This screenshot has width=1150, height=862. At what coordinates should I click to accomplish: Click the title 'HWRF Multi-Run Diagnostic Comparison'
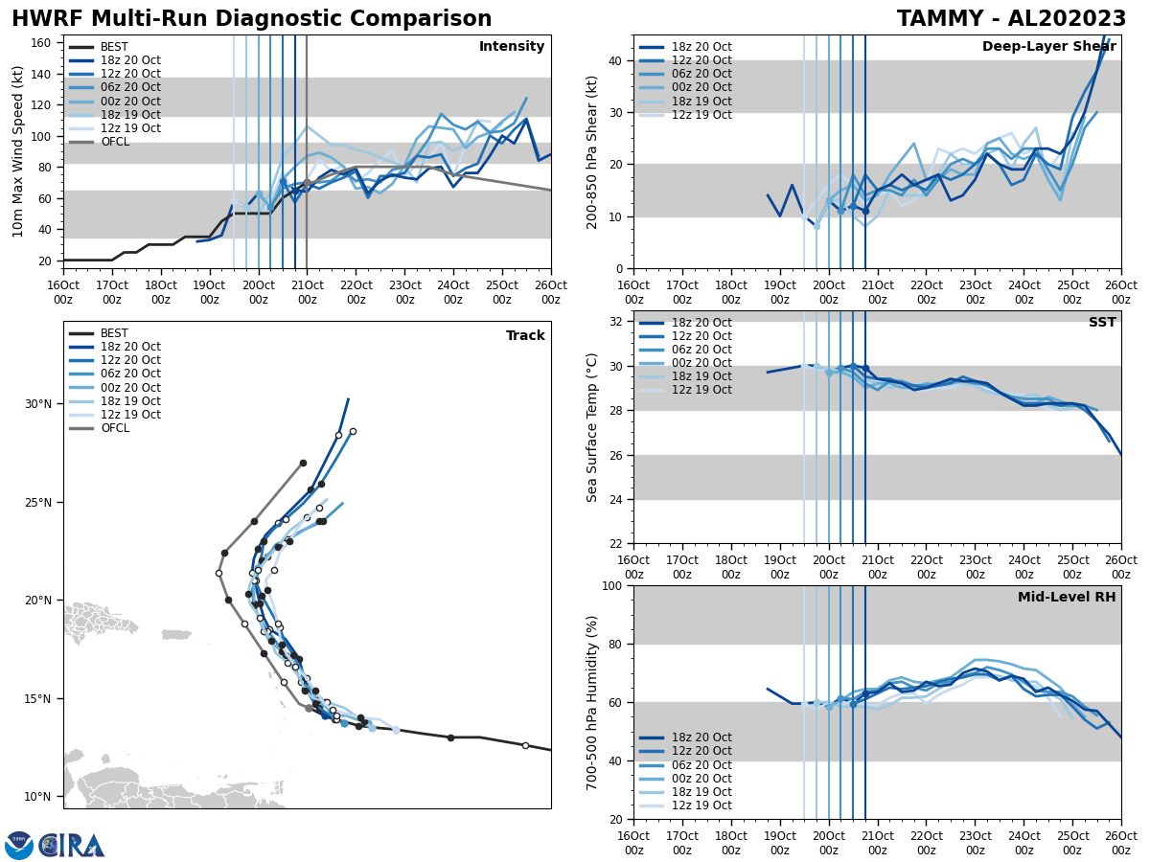click(251, 19)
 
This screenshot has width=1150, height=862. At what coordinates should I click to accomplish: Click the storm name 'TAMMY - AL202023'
click(1011, 19)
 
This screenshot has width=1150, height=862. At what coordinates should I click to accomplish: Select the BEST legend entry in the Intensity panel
click(113, 47)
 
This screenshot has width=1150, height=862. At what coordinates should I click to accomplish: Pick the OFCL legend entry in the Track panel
click(114, 428)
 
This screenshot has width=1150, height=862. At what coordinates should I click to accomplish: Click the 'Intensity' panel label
click(511, 47)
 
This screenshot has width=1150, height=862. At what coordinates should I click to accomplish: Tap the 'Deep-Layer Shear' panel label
click(1048, 47)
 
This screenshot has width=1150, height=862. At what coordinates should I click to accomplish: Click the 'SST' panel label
click(1101, 323)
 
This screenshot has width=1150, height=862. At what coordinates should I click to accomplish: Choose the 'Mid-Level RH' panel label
click(1066, 598)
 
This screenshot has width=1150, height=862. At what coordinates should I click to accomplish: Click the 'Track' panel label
click(525, 336)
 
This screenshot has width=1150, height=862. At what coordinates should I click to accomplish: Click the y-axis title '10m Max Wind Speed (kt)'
click(18, 151)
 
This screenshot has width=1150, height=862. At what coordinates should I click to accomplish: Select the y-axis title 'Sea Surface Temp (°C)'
click(592, 427)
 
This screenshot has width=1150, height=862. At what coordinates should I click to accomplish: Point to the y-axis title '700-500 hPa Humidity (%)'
click(592, 702)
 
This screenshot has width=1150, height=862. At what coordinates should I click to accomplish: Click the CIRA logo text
click(72, 846)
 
